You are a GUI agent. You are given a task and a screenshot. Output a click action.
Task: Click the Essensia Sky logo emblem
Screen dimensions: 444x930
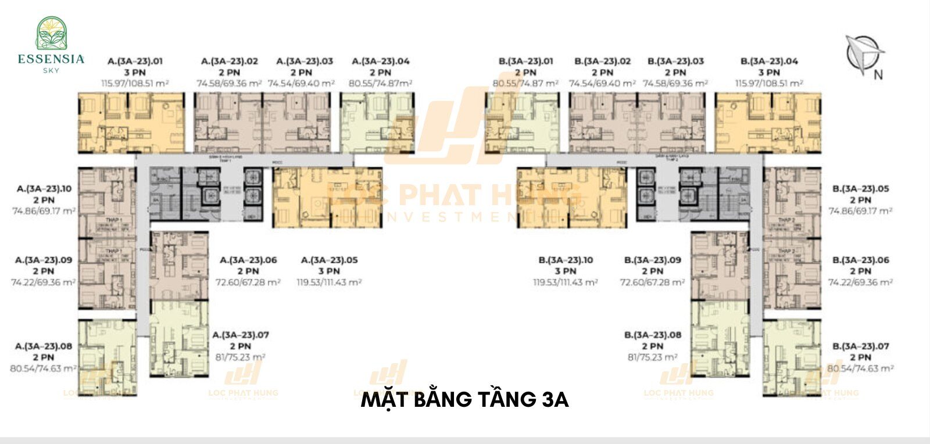tap(51, 33)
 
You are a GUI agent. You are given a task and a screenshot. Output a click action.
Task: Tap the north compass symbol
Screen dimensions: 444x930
tap(863, 54)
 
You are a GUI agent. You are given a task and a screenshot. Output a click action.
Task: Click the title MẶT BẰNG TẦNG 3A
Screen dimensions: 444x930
tap(464, 400)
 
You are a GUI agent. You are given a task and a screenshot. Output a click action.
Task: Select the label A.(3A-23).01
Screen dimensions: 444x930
tap(135, 61)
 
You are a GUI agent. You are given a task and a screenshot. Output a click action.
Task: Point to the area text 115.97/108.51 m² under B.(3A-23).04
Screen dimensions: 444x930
tap(769, 84)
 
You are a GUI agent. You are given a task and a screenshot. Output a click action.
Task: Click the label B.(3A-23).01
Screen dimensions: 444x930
tap(525, 61)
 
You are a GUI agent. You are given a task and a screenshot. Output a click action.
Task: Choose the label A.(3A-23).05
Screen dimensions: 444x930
tap(329, 260)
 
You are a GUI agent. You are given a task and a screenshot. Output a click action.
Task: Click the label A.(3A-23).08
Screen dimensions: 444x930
tap(44, 346)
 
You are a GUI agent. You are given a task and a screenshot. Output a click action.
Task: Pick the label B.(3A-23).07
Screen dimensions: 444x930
tap(860, 346)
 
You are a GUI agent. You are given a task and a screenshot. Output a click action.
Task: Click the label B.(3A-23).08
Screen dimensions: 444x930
tap(652, 335)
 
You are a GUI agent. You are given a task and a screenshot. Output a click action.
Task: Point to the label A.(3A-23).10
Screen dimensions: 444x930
tap(44, 189)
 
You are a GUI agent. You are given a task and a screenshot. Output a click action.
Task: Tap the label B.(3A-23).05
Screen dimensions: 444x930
tap(860, 189)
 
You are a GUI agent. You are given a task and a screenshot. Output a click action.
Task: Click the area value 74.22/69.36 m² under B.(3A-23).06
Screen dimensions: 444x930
tap(860, 282)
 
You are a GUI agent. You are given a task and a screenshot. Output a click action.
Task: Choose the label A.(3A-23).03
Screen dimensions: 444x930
tap(305, 61)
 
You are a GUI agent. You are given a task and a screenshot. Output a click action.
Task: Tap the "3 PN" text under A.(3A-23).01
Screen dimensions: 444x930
tap(135, 73)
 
